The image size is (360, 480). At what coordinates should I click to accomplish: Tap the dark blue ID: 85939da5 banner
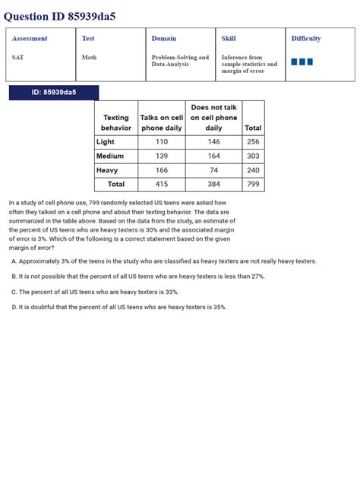(x=54, y=93)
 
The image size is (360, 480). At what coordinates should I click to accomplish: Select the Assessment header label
(x=30, y=39)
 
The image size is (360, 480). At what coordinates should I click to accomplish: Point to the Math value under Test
(x=89, y=57)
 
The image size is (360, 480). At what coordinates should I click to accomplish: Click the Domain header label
(x=164, y=39)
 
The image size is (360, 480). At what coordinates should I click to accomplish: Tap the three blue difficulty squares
(x=302, y=62)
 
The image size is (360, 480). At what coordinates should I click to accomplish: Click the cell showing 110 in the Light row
(x=162, y=142)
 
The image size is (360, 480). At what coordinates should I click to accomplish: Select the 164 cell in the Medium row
(x=213, y=156)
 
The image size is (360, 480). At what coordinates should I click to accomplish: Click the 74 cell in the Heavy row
(x=213, y=170)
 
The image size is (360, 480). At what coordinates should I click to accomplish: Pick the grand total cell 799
(x=253, y=184)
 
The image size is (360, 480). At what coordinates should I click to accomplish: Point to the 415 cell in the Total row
(x=162, y=184)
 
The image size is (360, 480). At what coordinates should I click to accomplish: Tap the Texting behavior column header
(x=116, y=123)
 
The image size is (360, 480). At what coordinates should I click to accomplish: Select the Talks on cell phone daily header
(x=162, y=123)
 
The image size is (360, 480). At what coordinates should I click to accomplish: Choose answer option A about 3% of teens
(x=164, y=261)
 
